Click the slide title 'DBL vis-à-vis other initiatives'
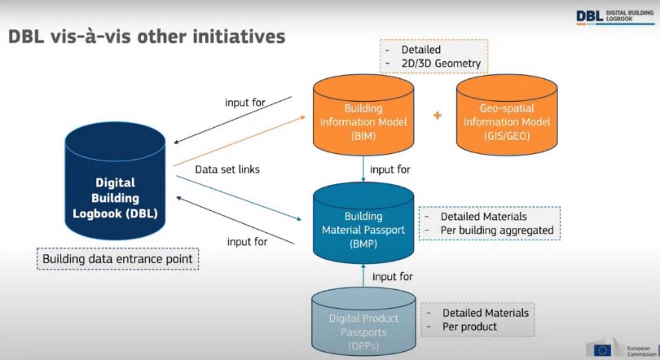pos(147,36)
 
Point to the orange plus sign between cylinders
pos(437,116)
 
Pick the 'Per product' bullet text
pos(469,327)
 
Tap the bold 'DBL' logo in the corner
pos(590,15)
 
